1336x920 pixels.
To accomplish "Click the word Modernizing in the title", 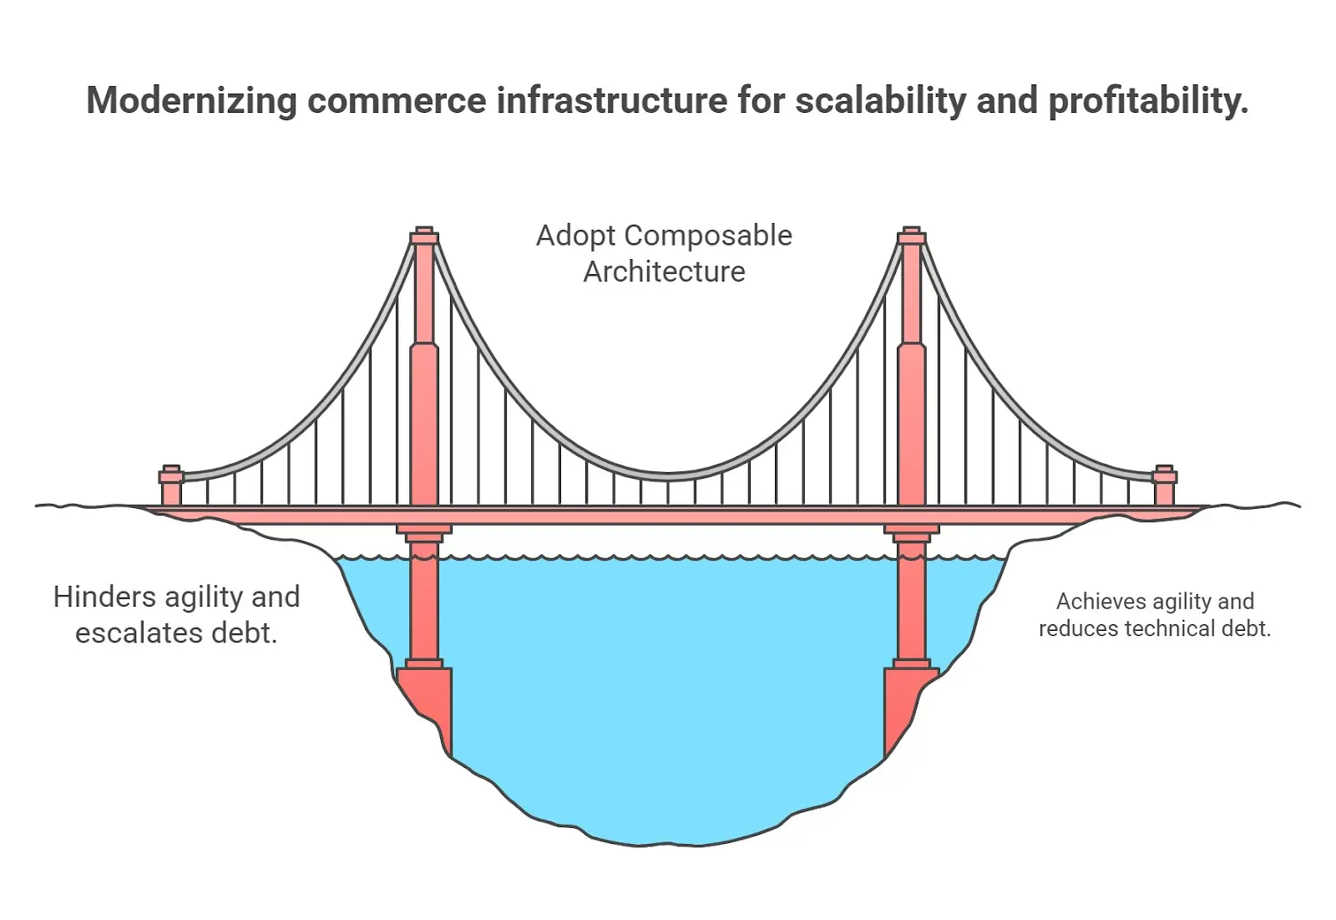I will pyautogui.click(x=191, y=101).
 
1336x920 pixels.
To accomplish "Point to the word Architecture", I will pyautogui.click(x=664, y=272).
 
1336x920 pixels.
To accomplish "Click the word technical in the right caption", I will pyautogui.click(x=1172, y=628).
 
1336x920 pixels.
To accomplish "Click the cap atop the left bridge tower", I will pyautogui.click(x=424, y=235).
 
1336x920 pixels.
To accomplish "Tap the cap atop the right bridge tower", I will pyautogui.click(x=911, y=235).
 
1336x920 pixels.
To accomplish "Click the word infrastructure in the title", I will pyautogui.click(x=612, y=101).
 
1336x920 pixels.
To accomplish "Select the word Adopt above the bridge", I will pyautogui.click(x=575, y=236).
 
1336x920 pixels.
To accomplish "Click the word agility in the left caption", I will pyautogui.click(x=204, y=597).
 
